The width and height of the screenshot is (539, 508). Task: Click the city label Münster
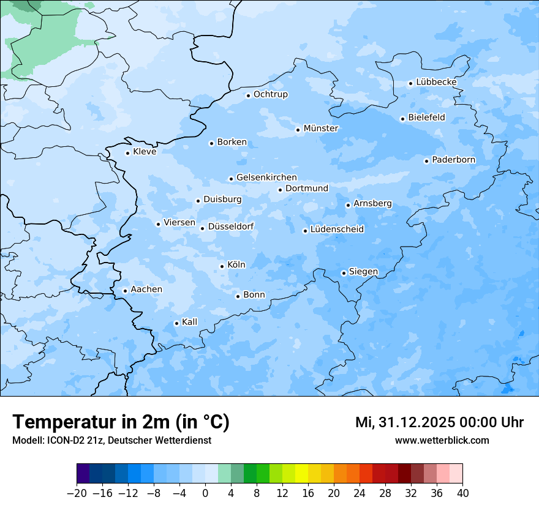click(321, 129)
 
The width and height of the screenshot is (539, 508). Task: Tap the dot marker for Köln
click(222, 266)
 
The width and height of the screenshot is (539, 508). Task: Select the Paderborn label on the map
click(453, 160)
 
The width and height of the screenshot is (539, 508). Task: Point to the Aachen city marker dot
click(125, 291)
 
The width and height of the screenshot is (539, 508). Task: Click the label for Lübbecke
click(436, 82)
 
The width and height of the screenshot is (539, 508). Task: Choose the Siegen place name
click(363, 272)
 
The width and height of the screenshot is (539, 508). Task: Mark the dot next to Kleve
click(127, 153)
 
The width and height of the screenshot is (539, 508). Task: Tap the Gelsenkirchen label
click(266, 177)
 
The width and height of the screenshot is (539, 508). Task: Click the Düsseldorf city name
click(231, 226)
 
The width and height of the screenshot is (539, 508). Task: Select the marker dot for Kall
click(176, 323)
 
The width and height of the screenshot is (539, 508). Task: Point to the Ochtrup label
click(270, 94)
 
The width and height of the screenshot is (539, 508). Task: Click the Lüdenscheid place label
click(337, 230)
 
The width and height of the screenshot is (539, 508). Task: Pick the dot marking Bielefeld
click(402, 119)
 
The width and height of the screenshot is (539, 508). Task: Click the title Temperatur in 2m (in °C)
click(121, 422)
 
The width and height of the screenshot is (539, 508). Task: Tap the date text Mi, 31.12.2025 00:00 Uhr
click(439, 422)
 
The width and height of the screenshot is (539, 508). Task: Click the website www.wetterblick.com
click(442, 440)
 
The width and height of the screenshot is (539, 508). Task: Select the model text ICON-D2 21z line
click(111, 440)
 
